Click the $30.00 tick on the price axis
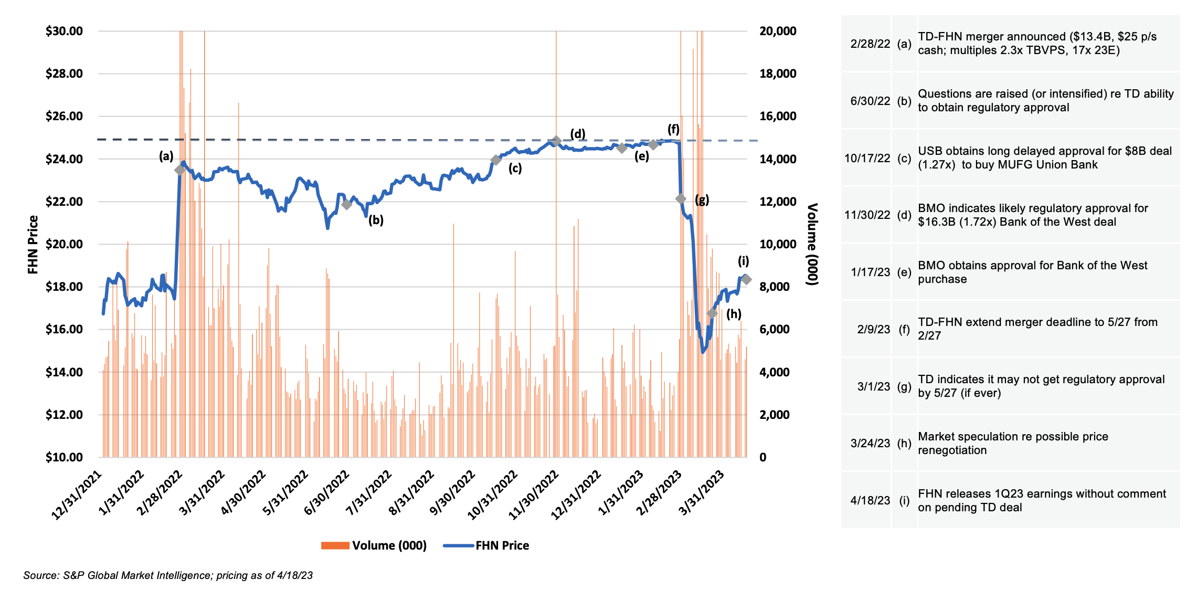(x=64, y=31)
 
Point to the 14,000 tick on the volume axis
(x=778, y=159)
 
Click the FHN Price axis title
(x=33, y=245)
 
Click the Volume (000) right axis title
(x=812, y=245)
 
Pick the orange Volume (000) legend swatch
(x=335, y=545)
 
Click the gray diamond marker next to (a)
(x=179, y=170)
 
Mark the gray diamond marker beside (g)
(x=681, y=199)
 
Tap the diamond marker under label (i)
(x=746, y=279)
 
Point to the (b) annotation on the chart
(x=376, y=220)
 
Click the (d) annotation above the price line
(x=578, y=133)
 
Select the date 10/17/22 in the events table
(x=867, y=158)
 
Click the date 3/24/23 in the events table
(x=870, y=443)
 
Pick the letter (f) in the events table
(x=904, y=329)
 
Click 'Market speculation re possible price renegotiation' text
(x=1012, y=443)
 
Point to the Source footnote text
(x=168, y=575)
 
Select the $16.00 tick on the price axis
(x=64, y=330)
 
